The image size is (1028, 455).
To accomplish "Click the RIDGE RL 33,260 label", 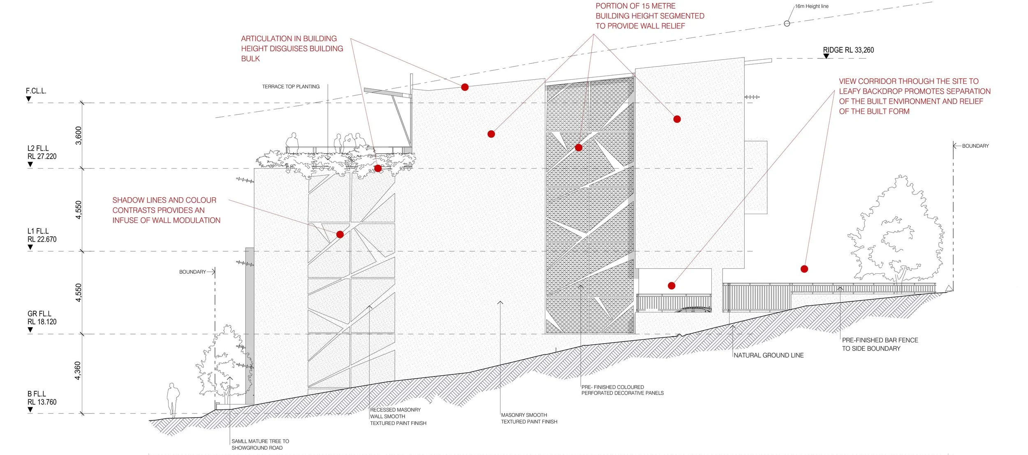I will point(848,50).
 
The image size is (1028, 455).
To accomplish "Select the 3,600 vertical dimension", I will point(79,135).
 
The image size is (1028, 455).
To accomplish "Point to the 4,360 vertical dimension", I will point(78,370).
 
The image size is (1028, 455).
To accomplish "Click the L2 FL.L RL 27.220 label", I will point(42,152).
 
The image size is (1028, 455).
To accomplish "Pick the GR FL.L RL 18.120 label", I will point(42,318).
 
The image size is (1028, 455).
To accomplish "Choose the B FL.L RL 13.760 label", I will point(42,398).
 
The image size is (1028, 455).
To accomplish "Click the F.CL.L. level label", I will point(36,91).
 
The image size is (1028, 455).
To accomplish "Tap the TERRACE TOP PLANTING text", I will point(291,87).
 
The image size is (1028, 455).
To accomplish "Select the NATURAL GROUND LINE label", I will point(768,356).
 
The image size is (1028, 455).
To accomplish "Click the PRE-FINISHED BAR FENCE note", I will point(880,344).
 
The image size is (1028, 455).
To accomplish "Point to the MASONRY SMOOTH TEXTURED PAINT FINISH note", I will point(529,418).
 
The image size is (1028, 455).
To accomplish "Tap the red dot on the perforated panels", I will point(579,148).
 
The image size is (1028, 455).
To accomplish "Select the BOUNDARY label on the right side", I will point(975,146).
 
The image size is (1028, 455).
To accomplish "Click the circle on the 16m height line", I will point(787,23).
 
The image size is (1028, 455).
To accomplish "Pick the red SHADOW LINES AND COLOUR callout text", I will point(166,210).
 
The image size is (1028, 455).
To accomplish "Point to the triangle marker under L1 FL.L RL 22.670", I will point(30,247).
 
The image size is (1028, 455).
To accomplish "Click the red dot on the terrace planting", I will point(378,168).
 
